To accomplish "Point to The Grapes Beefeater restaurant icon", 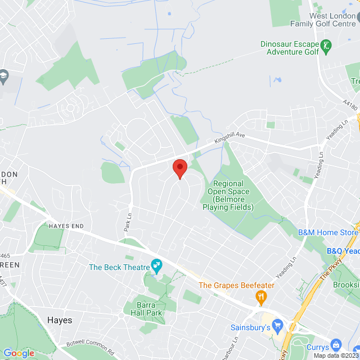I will pyautogui.click(x=260, y=296).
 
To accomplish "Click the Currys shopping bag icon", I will pyautogui.click(x=336, y=344).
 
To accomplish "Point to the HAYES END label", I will pyautogui.click(x=66, y=226).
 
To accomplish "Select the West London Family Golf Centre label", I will pyautogui.click(x=323, y=20).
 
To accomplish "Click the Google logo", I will pyautogui.click(x=19, y=353).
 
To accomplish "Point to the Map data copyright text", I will pyautogui.click(x=336, y=355).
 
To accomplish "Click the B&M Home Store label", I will pyautogui.click(x=328, y=232).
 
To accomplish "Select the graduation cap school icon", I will pyautogui.click(x=4, y=76).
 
